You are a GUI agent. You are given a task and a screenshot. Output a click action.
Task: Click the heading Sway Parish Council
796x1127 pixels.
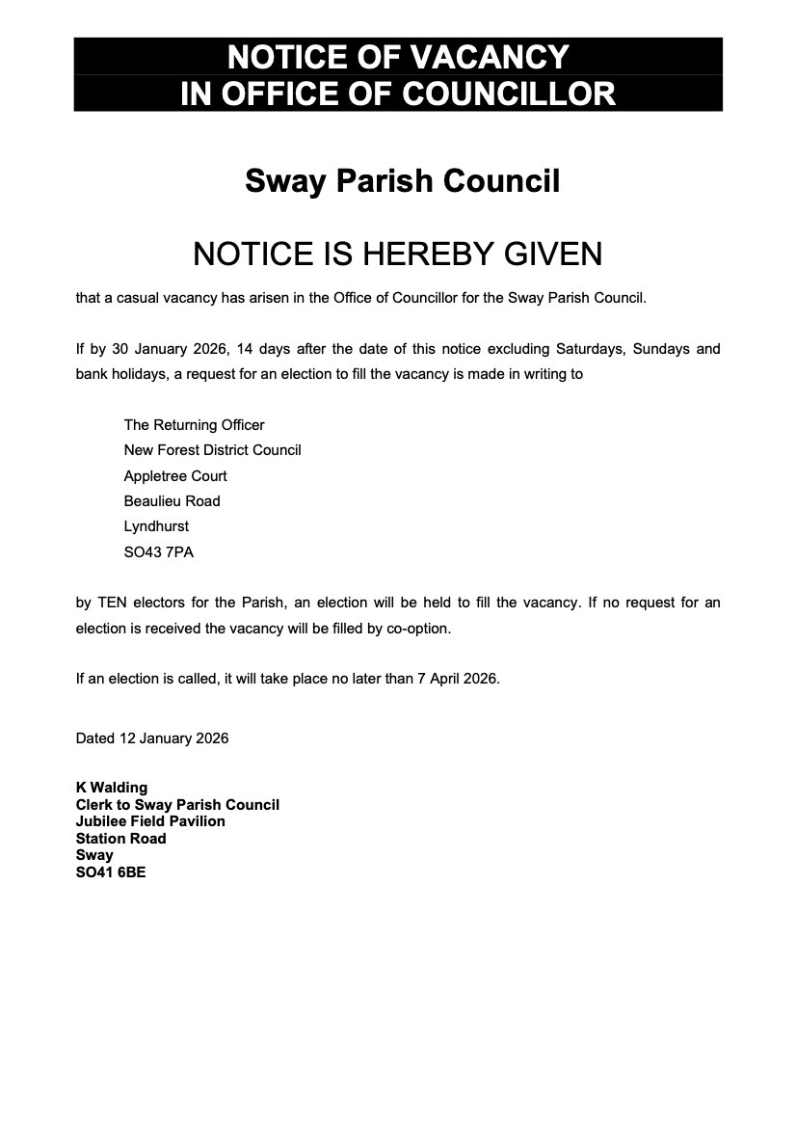click(x=402, y=180)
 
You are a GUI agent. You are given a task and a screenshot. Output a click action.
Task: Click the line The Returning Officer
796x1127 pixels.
click(x=194, y=425)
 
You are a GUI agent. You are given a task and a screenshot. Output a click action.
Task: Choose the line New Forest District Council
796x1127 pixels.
click(x=212, y=450)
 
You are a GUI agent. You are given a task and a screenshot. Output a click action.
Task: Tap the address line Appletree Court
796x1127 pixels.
click(x=175, y=476)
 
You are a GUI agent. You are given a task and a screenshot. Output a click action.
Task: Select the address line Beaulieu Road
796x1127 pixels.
click(x=172, y=501)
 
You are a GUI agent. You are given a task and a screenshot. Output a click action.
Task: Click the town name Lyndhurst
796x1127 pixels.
click(x=156, y=526)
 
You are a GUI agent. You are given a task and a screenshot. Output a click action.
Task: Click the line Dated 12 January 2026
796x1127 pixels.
click(x=152, y=738)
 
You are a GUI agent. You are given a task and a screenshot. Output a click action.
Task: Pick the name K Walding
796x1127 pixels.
click(x=112, y=789)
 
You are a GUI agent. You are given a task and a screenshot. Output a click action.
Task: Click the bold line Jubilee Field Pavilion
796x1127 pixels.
click(x=150, y=821)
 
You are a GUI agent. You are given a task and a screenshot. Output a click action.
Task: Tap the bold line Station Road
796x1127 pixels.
click(x=120, y=839)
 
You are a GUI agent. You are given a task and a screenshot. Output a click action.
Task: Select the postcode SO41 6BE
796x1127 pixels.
click(x=111, y=872)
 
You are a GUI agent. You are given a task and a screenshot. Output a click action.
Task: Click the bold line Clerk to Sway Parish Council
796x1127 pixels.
click(x=177, y=805)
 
